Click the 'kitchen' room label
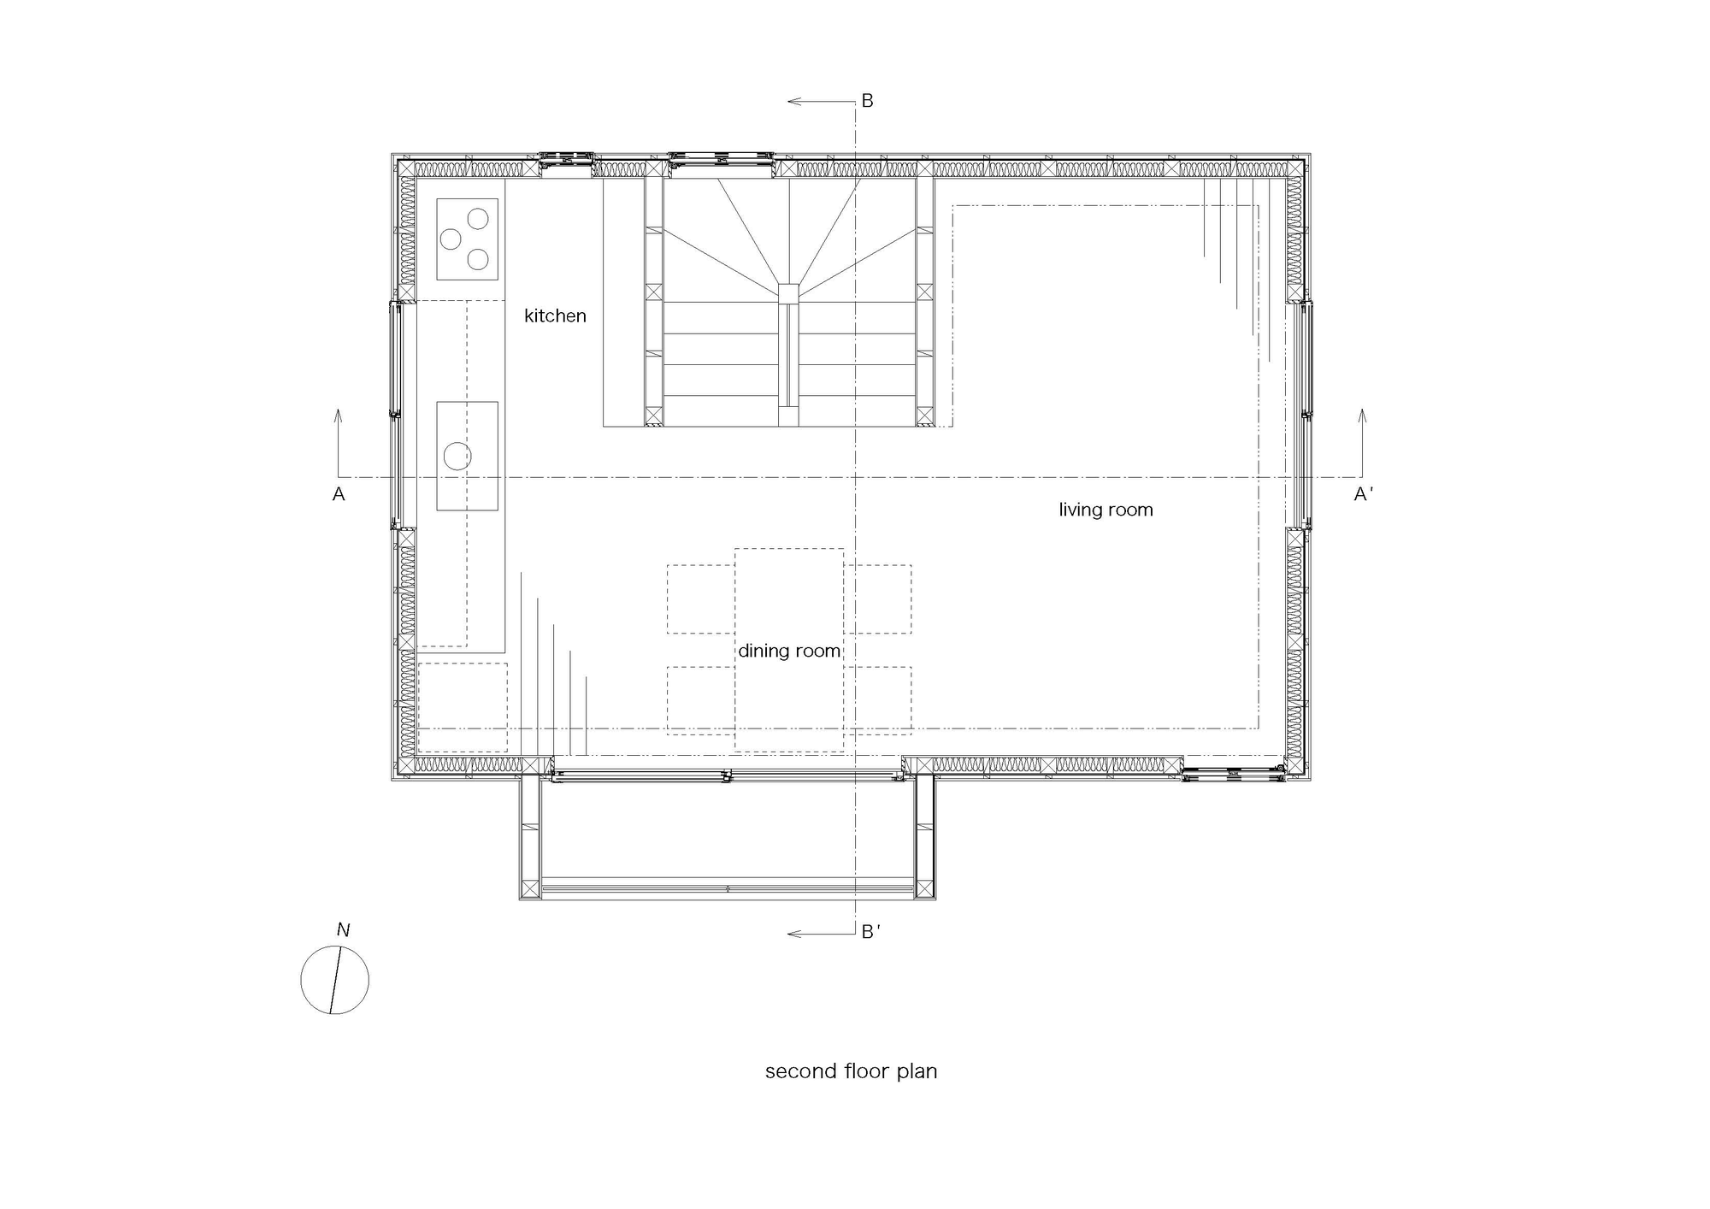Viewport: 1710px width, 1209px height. (555, 316)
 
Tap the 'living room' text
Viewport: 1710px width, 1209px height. (1106, 510)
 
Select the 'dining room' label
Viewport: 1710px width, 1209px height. (789, 651)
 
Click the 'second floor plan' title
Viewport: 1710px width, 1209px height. (851, 1071)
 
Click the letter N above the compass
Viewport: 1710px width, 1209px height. (343, 929)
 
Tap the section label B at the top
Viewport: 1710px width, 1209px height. (867, 101)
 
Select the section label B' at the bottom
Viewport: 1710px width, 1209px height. (870, 932)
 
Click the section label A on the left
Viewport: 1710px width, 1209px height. (339, 494)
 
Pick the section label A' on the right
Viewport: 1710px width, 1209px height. (1364, 494)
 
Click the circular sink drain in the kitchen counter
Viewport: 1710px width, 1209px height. (457, 457)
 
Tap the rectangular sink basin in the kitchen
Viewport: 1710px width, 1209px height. (467, 456)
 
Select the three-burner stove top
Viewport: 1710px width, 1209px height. (467, 239)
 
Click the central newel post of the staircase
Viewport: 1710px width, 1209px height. (788, 293)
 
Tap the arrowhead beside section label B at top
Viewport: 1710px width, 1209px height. (793, 101)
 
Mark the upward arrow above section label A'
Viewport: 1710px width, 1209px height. (1362, 442)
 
